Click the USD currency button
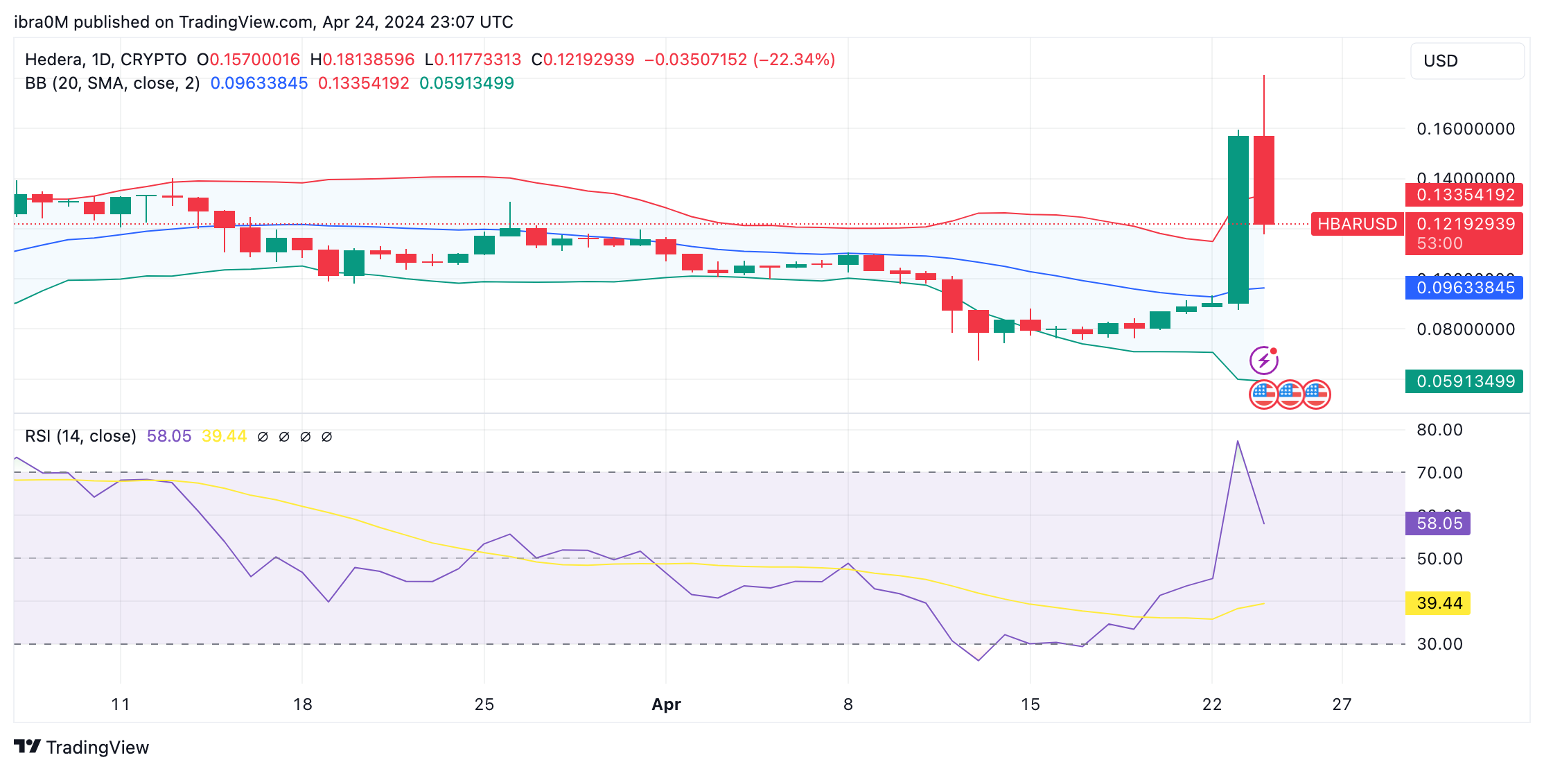[1466, 61]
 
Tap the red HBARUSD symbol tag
[1356, 224]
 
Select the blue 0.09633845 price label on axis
[1464, 288]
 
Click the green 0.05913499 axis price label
[1464, 381]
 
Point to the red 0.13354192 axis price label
[1464, 195]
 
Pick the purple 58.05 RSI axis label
[1438, 523]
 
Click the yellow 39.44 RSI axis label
[1438, 603]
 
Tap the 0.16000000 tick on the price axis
[1465, 129]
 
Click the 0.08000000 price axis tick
[1465, 329]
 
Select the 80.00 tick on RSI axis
[1439, 430]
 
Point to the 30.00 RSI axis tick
[1439, 644]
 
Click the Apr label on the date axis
[666, 704]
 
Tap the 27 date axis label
[1342, 704]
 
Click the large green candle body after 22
[1238, 219]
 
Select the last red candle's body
[1264, 180]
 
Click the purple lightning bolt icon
[1263, 361]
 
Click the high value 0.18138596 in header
[368, 60]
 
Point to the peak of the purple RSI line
[1238, 441]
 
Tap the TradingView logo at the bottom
[82, 747]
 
